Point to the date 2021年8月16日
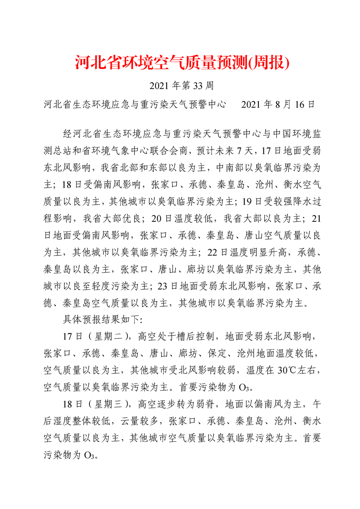click(278, 105)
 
